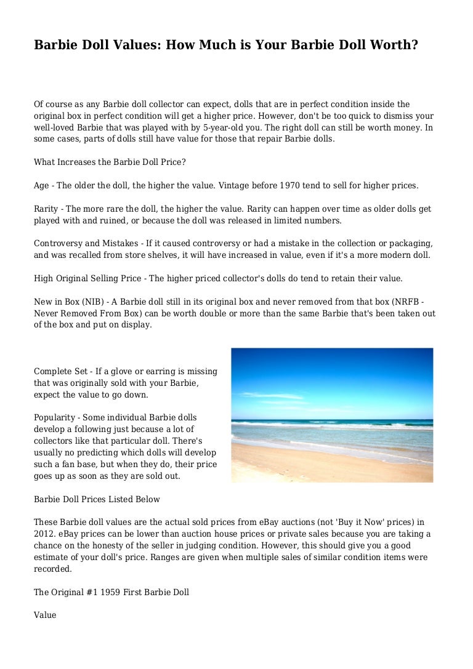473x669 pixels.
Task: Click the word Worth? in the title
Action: pos(392,45)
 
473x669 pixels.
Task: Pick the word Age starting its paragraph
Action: pos(41,185)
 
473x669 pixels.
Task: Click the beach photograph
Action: pos(332,415)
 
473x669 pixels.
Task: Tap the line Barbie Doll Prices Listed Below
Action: pos(97,499)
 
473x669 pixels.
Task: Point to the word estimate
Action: pos(53,558)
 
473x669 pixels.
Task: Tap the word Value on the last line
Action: pos(45,615)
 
